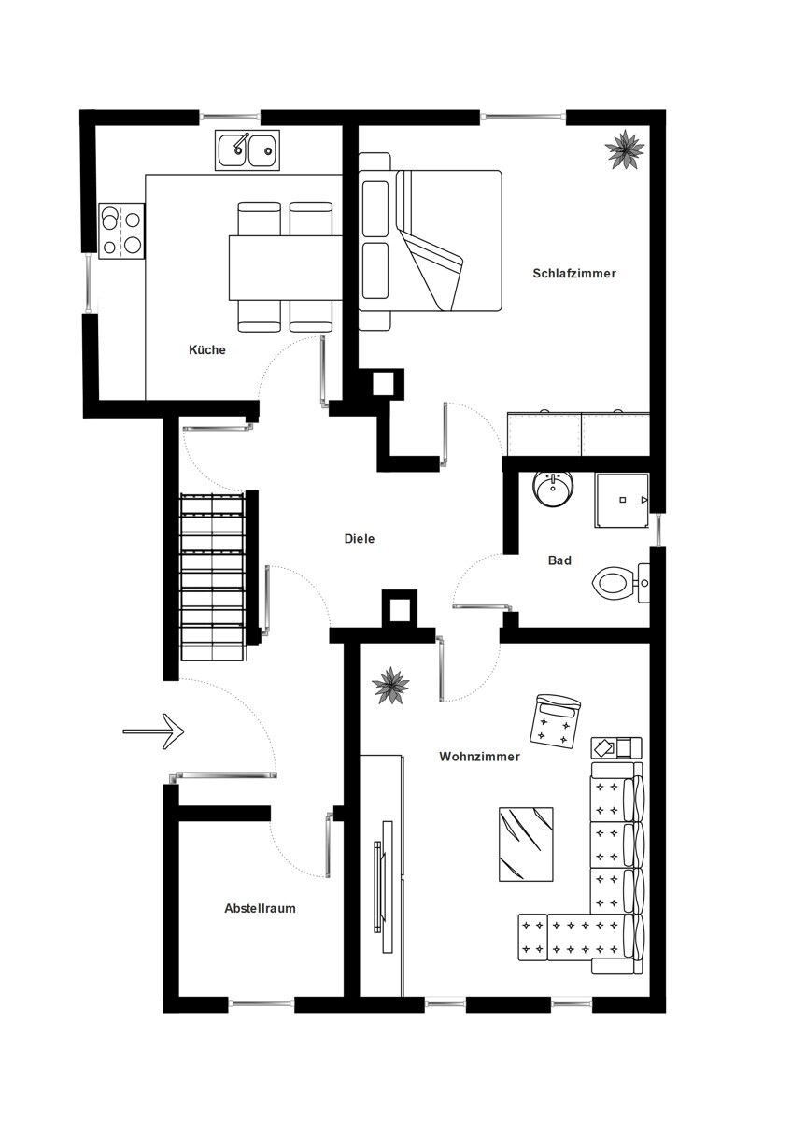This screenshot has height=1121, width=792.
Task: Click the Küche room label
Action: (207, 349)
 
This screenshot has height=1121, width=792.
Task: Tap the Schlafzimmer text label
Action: (573, 273)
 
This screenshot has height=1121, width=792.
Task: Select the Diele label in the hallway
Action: (360, 539)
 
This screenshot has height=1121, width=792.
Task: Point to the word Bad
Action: (559, 560)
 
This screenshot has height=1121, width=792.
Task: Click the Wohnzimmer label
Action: (479, 756)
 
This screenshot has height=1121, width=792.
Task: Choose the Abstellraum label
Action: (260, 908)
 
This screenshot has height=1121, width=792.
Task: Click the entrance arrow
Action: (153, 731)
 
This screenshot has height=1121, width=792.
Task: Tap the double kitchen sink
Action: (247, 150)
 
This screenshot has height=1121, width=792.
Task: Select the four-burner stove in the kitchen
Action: (121, 231)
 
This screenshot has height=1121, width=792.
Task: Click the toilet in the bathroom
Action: (620, 584)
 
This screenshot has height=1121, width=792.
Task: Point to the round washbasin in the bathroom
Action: (554, 489)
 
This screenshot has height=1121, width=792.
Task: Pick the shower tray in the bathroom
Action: (622, 500)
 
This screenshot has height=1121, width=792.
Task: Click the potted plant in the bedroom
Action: (625, 149)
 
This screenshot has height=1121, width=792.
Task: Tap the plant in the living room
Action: (390, 685)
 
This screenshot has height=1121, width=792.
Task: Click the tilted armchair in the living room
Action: (555, 721)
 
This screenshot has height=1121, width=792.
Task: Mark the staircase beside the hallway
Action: (213, 576)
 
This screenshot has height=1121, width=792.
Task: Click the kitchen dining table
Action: (286, 268)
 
